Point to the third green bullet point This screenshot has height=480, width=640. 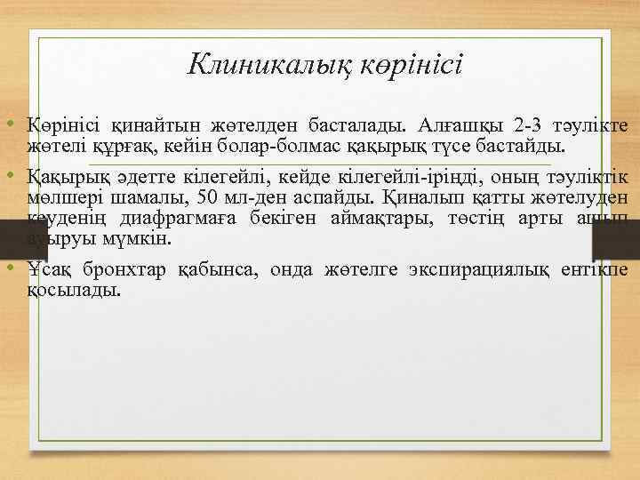[x=15, y=267]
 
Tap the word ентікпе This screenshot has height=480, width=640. [x=596, y=269]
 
